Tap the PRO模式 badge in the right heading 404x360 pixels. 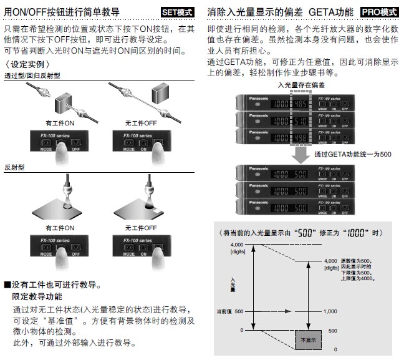point(380,12)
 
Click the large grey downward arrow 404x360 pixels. point(301,154)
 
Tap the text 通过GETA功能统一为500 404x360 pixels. point(353,154)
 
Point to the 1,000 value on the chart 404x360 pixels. point(330,311)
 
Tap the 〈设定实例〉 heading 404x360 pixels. point(27,64)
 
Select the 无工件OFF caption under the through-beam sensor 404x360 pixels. point(139,123)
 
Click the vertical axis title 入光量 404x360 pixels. point(233,285)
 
